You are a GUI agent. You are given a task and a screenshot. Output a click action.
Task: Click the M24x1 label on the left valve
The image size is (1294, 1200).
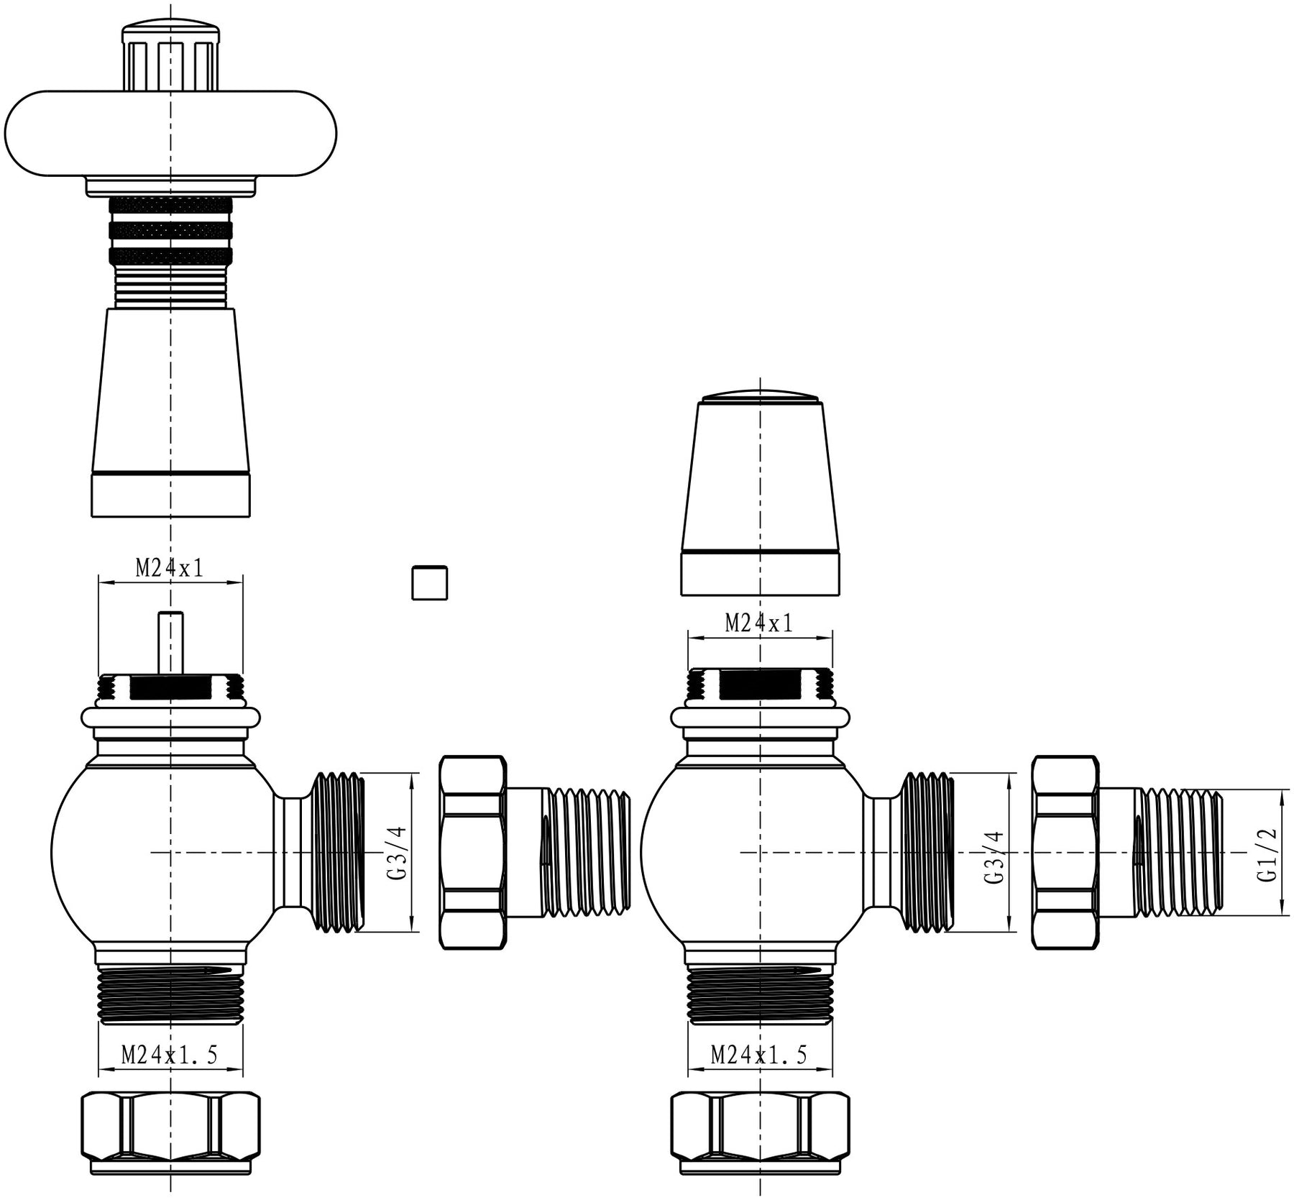click(x=170, y=569)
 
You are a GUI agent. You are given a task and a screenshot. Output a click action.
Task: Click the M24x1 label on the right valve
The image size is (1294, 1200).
click(x=759, y=623)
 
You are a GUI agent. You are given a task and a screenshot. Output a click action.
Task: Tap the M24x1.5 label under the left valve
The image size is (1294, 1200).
click(x=170, y=1055)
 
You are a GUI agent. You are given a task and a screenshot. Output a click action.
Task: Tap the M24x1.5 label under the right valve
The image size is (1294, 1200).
click(x=759, y=1055)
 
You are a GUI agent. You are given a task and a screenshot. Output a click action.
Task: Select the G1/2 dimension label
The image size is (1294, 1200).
click(x=1267, y=853)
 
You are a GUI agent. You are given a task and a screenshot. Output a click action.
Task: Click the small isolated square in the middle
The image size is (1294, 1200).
click(x=430, y=582)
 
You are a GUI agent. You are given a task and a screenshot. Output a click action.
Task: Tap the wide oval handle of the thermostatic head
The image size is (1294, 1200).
click(x=170, y=134)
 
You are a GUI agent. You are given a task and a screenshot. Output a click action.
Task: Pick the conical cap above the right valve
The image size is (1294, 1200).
click(x=760, y=496)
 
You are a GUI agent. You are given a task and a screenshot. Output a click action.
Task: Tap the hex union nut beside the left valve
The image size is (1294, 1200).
click(x=472, y=853)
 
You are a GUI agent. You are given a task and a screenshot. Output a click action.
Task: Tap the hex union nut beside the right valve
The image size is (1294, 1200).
click(x=1065, y=853)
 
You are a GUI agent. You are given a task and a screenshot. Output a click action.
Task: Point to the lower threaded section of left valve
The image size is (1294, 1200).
click(x=170, y=996)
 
